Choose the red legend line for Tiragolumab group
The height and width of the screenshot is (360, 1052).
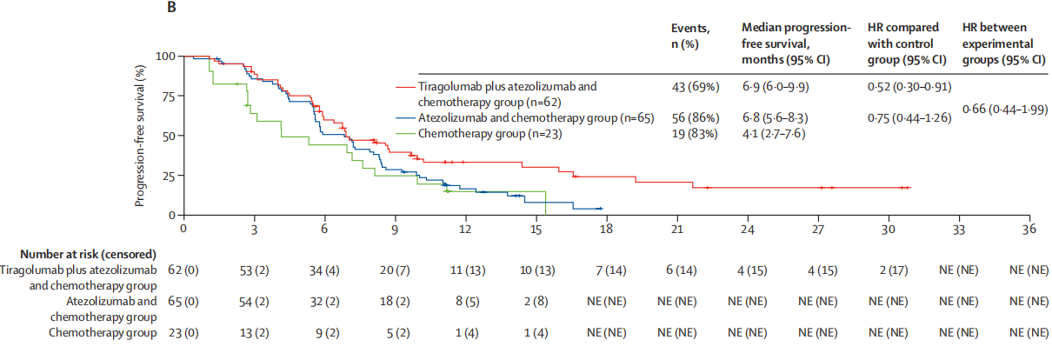[405, 87]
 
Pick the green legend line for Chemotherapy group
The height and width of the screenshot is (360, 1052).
[405, 134]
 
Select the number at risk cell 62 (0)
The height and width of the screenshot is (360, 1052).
[183, 270]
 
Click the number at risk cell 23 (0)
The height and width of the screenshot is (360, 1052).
[183, 331]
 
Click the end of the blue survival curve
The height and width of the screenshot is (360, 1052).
[602, 209]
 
